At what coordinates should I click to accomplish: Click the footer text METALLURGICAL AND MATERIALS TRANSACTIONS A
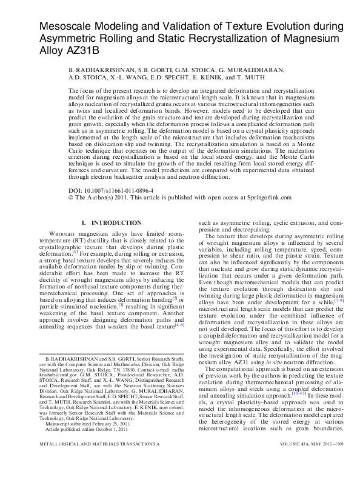[x=93, y=462]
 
